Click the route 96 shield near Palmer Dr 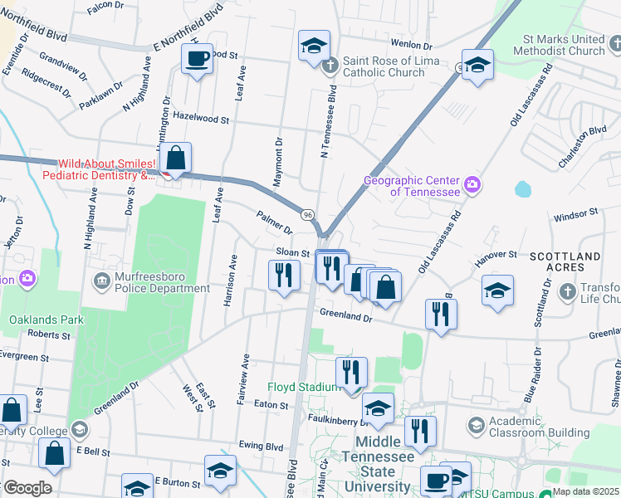pyautogui.click(x=308, y=215)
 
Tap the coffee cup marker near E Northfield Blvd pyautogui.click(x=197, y=59)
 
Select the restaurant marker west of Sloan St pyautogui.click(x=284, y=275)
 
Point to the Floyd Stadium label pyautogui.click(x=303, y=387)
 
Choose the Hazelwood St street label pyautogui.click(x=201, y=120)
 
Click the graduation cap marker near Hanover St pyautogui.click(x=497, y=290)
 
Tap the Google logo pyautogui.click(x=28, y=488)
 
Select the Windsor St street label pyautogui.click(x=575, y=214)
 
